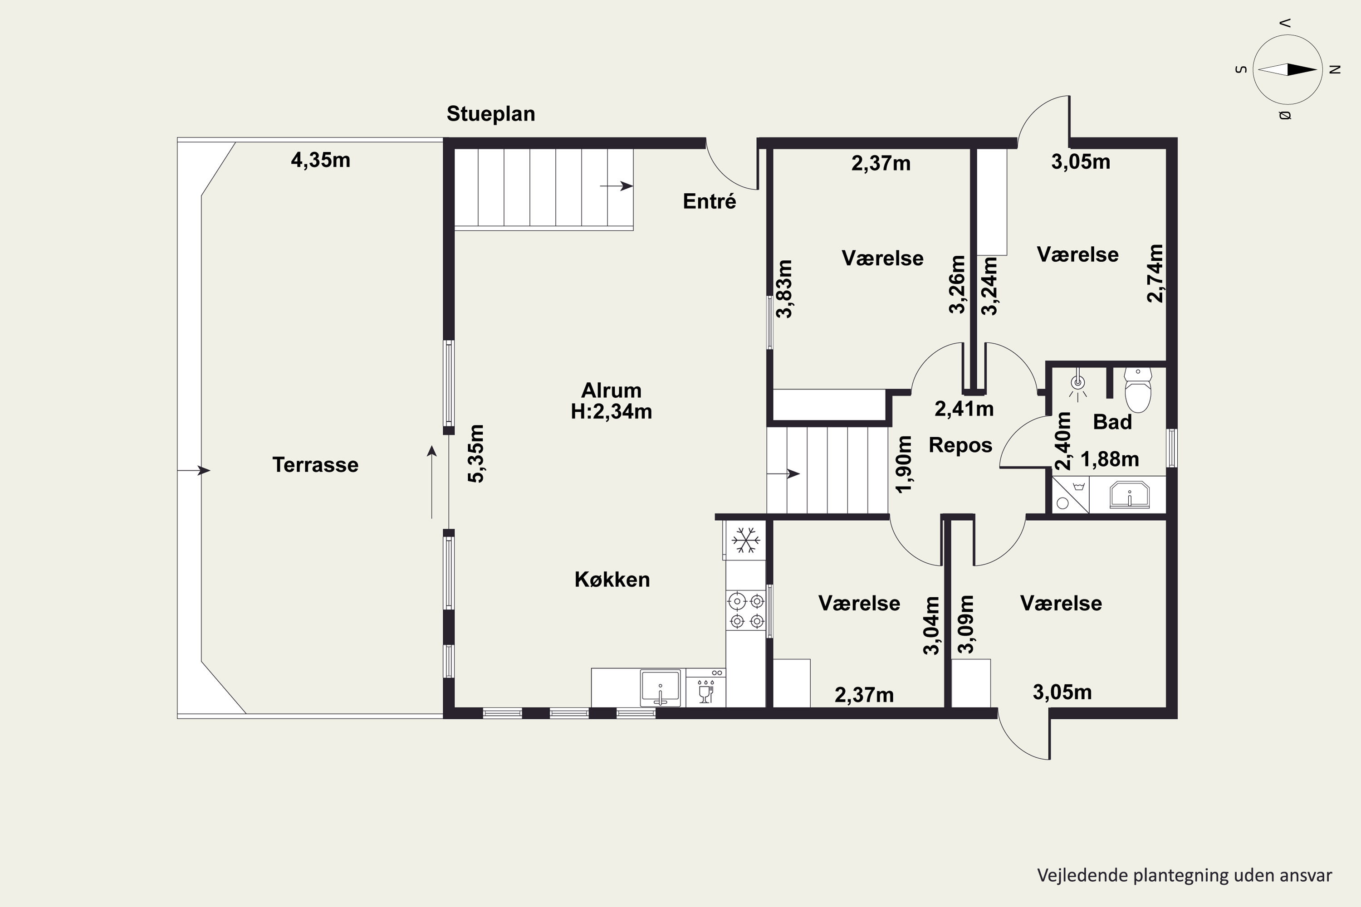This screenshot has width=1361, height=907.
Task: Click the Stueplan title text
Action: pos(491,114)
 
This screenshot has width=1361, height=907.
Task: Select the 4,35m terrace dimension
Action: pos(321,160)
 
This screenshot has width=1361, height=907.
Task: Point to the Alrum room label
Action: pos(611,390)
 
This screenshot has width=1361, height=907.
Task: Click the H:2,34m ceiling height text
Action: pos(611,411)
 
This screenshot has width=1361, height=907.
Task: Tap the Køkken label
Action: pos(612,579)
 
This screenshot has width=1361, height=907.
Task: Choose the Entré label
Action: pos(710,201)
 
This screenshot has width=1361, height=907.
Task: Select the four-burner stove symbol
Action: pos(746,611)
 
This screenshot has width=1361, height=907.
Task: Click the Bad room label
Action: pos(1112,422)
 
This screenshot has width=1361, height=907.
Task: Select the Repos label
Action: pos(960,445)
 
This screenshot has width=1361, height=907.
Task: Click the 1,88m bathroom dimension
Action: pos(1110,459)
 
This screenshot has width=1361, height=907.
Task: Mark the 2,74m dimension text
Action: pos(1155,273)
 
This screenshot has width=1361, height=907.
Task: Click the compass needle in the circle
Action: pos(1288,69)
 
